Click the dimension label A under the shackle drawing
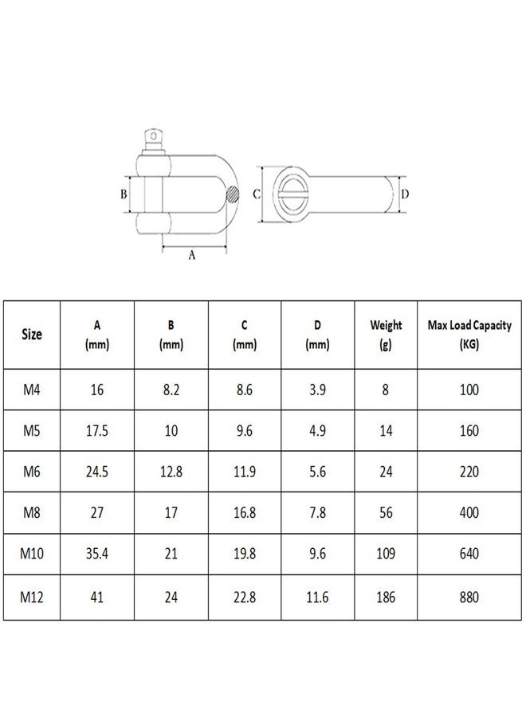coord(191,255)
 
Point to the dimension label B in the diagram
coord(124,194)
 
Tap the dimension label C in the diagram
coord(257,194)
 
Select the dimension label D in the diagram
coord(405,194)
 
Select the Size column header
coord(32,335)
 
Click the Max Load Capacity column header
coord(469,335)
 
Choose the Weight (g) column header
coord(386,335)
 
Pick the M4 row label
coord(32,389)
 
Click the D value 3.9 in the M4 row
coord(316,389)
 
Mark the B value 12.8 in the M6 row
coord(171,472)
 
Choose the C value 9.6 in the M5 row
coord(244,430)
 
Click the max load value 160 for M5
coord(469,430)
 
